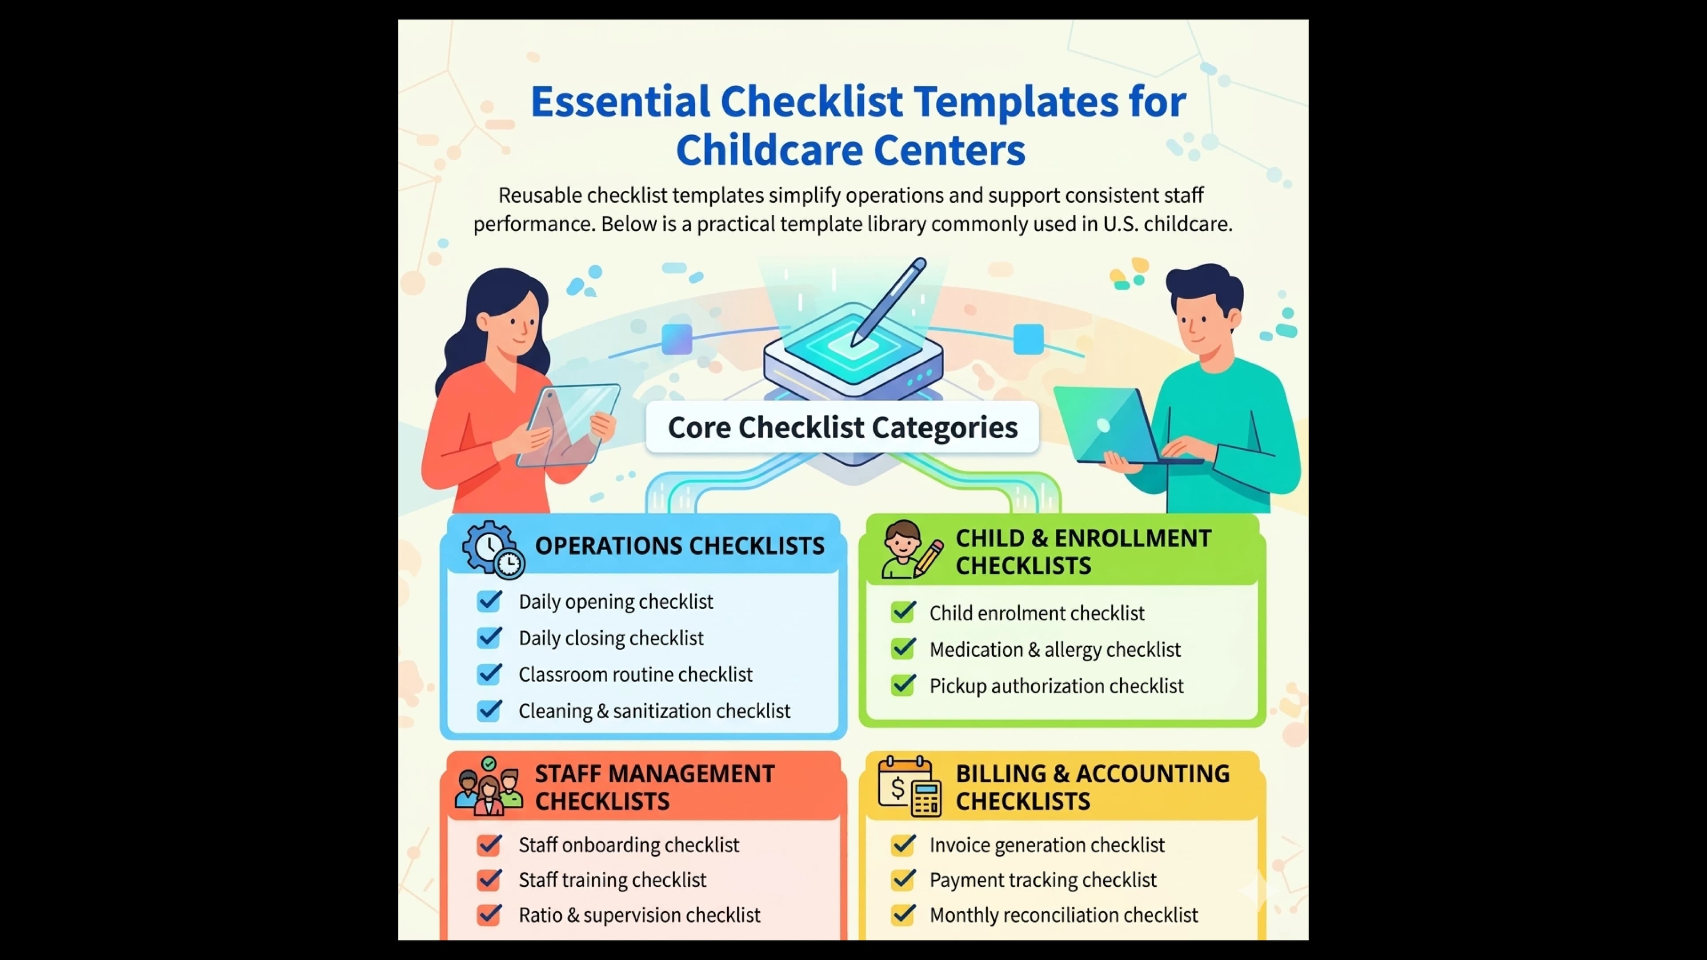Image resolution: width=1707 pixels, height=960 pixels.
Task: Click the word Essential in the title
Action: click(x=620, y=102)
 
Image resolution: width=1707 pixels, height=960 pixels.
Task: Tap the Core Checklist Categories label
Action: click(x=842, y=427)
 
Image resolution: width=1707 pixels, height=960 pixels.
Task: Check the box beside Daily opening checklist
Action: click(x=490, y=601)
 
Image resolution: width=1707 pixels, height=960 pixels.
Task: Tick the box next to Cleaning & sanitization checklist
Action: click(x=490, y=710)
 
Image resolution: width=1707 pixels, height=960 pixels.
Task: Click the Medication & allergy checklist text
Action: click(x=1054, y=649)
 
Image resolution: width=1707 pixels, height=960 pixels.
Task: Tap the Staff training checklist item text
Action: click(x=612, y=880)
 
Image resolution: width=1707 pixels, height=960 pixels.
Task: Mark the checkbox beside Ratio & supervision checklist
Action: click(x=490, y=915)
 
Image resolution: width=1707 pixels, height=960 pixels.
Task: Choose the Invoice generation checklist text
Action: click(x=1046, y=845)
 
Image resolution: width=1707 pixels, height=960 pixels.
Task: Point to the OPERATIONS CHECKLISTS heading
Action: click(x=679, y=545)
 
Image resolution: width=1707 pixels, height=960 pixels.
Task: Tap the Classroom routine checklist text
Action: click(x=635, y=675)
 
